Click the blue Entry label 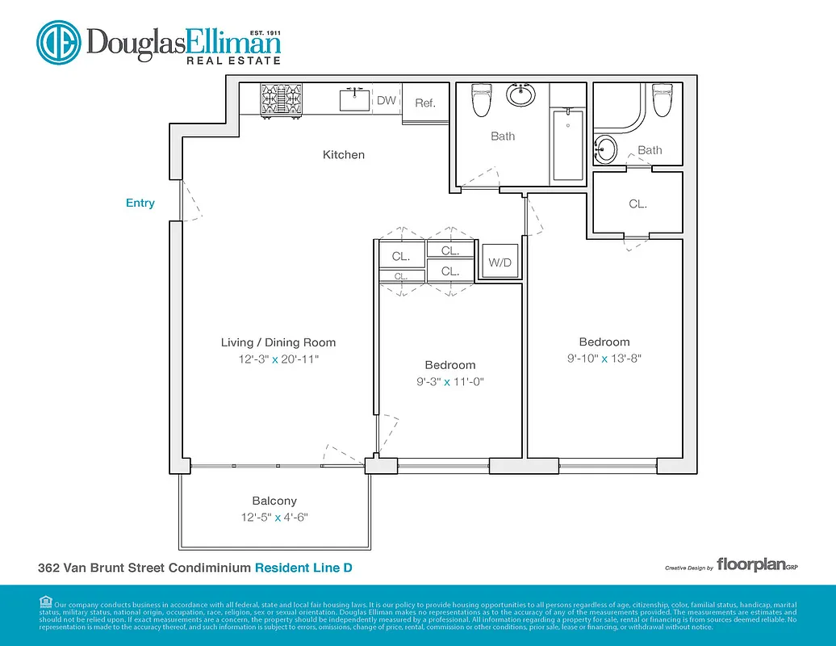tap(140, 203)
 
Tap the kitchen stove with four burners tap(278, 100)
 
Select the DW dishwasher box tap(387, 101)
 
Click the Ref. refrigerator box tap(425, 103)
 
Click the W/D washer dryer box tap(500, 263)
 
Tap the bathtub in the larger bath tap(569, 145)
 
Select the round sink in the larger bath tap(521, 94)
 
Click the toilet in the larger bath tap(481, 100)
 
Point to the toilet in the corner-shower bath tap(662, 100)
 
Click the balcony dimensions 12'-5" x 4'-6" tap(274, 518)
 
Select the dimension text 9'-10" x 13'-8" tap(604, 359)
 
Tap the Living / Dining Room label tap(278, 342)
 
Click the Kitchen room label tap(344, 154)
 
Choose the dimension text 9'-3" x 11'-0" tap(450, 382)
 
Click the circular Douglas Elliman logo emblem tap(58, 44)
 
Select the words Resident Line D tap(303, 568)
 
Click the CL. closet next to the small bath tap(637, 204)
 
